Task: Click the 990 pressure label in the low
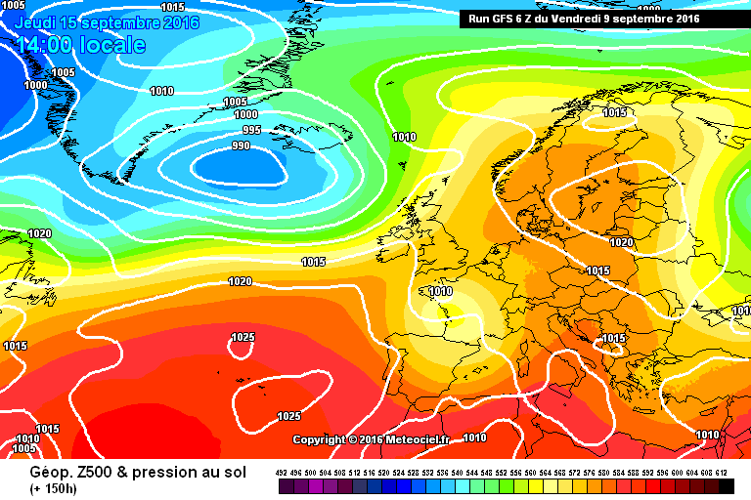(241, 146)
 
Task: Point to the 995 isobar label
(251, 130)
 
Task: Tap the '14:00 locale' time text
(80, 45)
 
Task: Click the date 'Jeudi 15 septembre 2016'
(107, 21)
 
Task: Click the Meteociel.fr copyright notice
(371, 439)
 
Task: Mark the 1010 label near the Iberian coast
(440, 291)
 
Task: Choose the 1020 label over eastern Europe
(621, 242)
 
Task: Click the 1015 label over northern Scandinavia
(614, 113)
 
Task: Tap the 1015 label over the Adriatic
(613, 338)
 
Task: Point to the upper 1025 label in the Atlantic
(243, 337)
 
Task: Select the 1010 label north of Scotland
(403, 137)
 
